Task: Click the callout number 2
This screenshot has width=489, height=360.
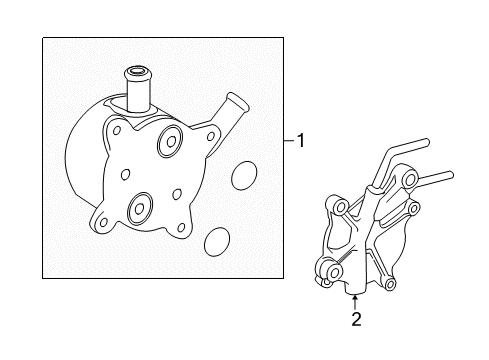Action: [355, 320]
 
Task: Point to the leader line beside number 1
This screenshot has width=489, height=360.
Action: [288, 142]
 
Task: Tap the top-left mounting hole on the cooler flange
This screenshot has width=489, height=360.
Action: [118, 130]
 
